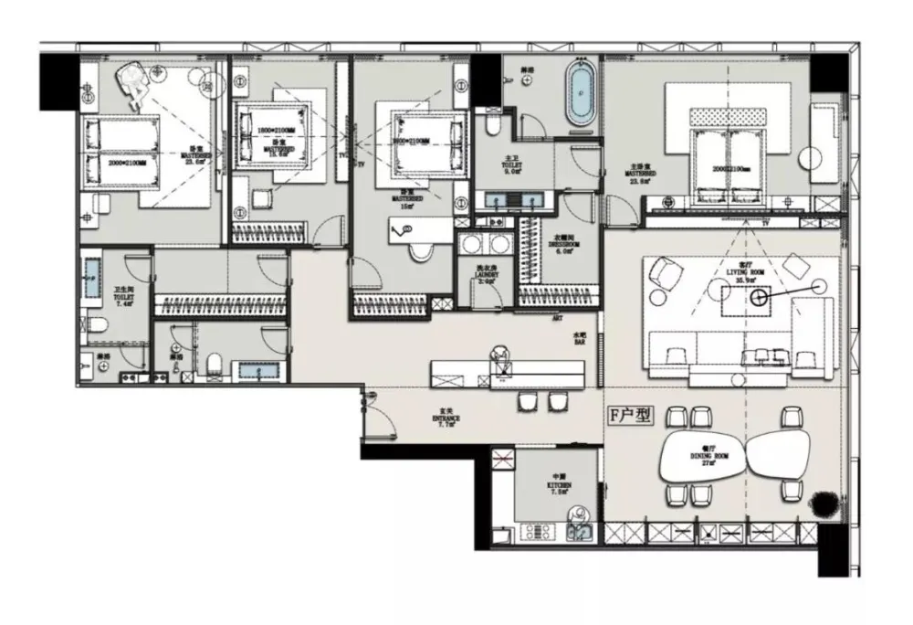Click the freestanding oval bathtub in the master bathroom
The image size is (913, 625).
pyautogui.click(x=581, y=90)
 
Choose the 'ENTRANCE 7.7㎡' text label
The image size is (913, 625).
pyautogui.click(x=446, y=420)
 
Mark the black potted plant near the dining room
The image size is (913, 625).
pyautogui.click(x=823, y=502)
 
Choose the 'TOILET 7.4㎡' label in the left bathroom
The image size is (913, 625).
pyautogui.click(x=123, y=272)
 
